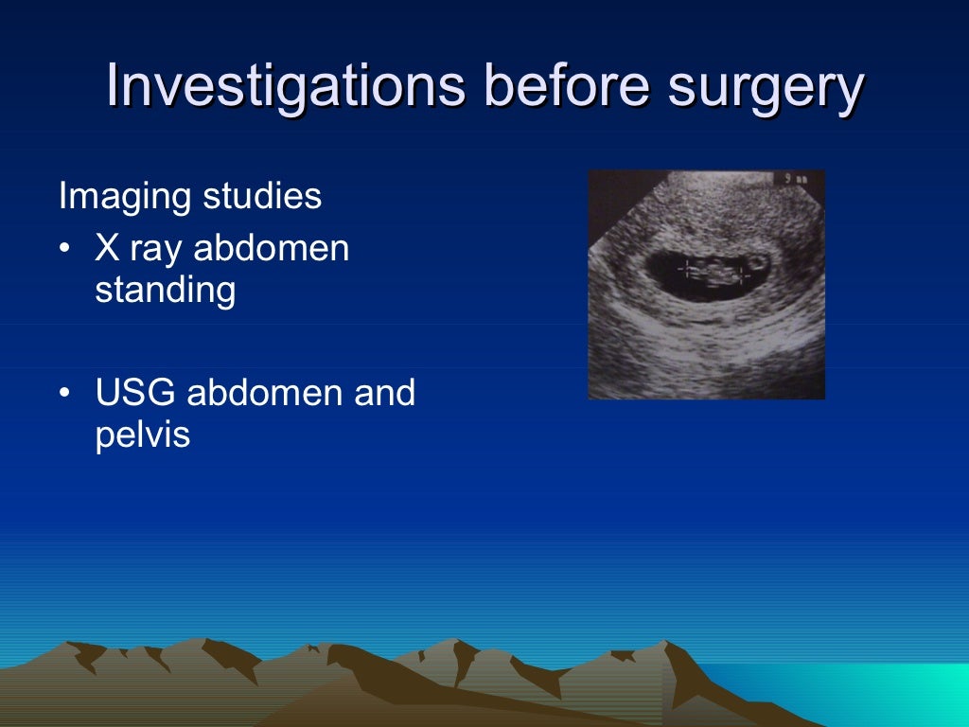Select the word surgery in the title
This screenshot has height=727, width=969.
(x=766, y=86)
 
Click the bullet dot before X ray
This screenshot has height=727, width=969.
(x=63, y=249)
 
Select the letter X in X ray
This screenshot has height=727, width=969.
(x=106, y=249)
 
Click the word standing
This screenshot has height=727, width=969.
(x=165, y=291)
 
